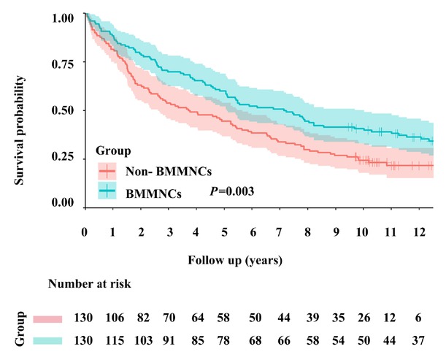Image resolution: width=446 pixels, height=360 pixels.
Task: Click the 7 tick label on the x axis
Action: pyautogui.click(x=279, y=231)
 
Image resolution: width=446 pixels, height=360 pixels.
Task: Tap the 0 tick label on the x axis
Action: pyautogui.click(x=85, y=231)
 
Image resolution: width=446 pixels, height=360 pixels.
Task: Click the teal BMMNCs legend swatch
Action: pyautogui.click(x=108, y=192)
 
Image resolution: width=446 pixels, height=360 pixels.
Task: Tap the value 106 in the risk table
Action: pyautogui.click(x=113, y=319)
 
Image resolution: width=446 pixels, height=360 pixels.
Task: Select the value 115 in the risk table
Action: pyautogui.click(x=113, y=340)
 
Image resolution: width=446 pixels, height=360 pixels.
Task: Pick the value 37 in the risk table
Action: pyautogui.click(x=417, y=340)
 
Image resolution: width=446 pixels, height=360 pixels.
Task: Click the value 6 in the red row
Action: pyautogui.click(x=417, y=319)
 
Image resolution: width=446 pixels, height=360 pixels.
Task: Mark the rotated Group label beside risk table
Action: pyautogui.click(x=22, y=329)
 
